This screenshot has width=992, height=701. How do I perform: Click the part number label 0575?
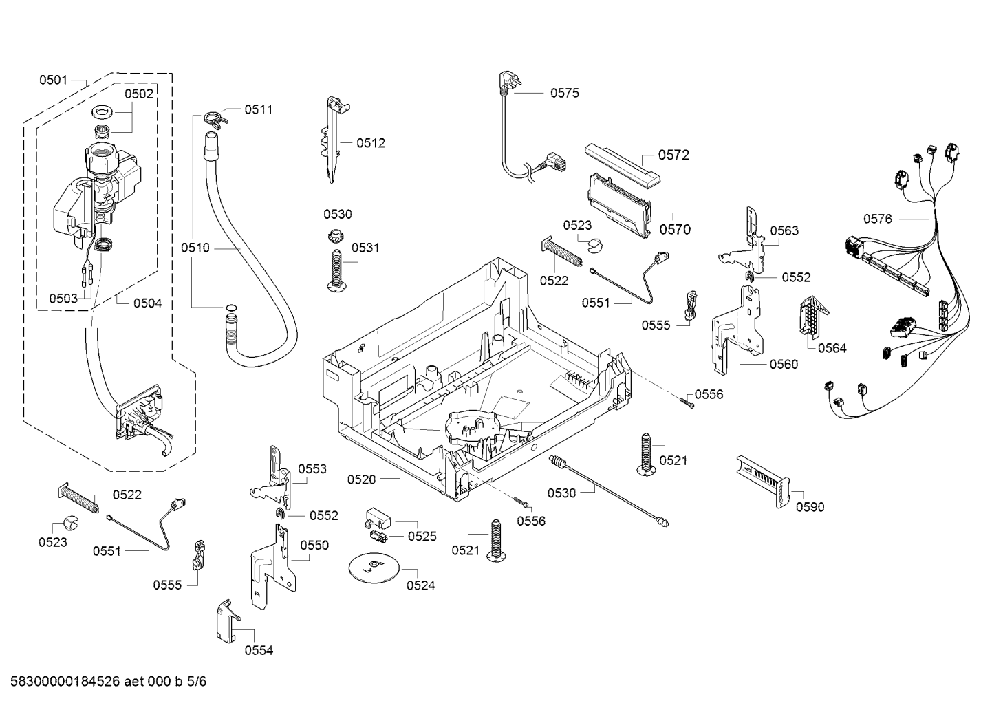click(x=564, y=93)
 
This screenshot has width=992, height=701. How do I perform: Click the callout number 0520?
click(x=361, y=479)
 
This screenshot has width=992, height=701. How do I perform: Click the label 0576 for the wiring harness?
click(x=878, y=219)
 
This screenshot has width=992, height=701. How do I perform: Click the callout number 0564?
click(x=832, y=348)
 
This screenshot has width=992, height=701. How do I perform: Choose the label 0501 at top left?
click(x=53, y=80)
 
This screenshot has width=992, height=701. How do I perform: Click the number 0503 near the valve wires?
click(x=63, y=299)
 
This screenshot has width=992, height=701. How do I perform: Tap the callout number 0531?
click(x=365, y=248)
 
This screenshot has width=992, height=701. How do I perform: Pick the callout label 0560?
click(x=784, y=364)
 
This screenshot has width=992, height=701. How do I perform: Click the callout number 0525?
click(x=422, y=536)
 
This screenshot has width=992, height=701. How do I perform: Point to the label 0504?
click(x=147, y=303)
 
